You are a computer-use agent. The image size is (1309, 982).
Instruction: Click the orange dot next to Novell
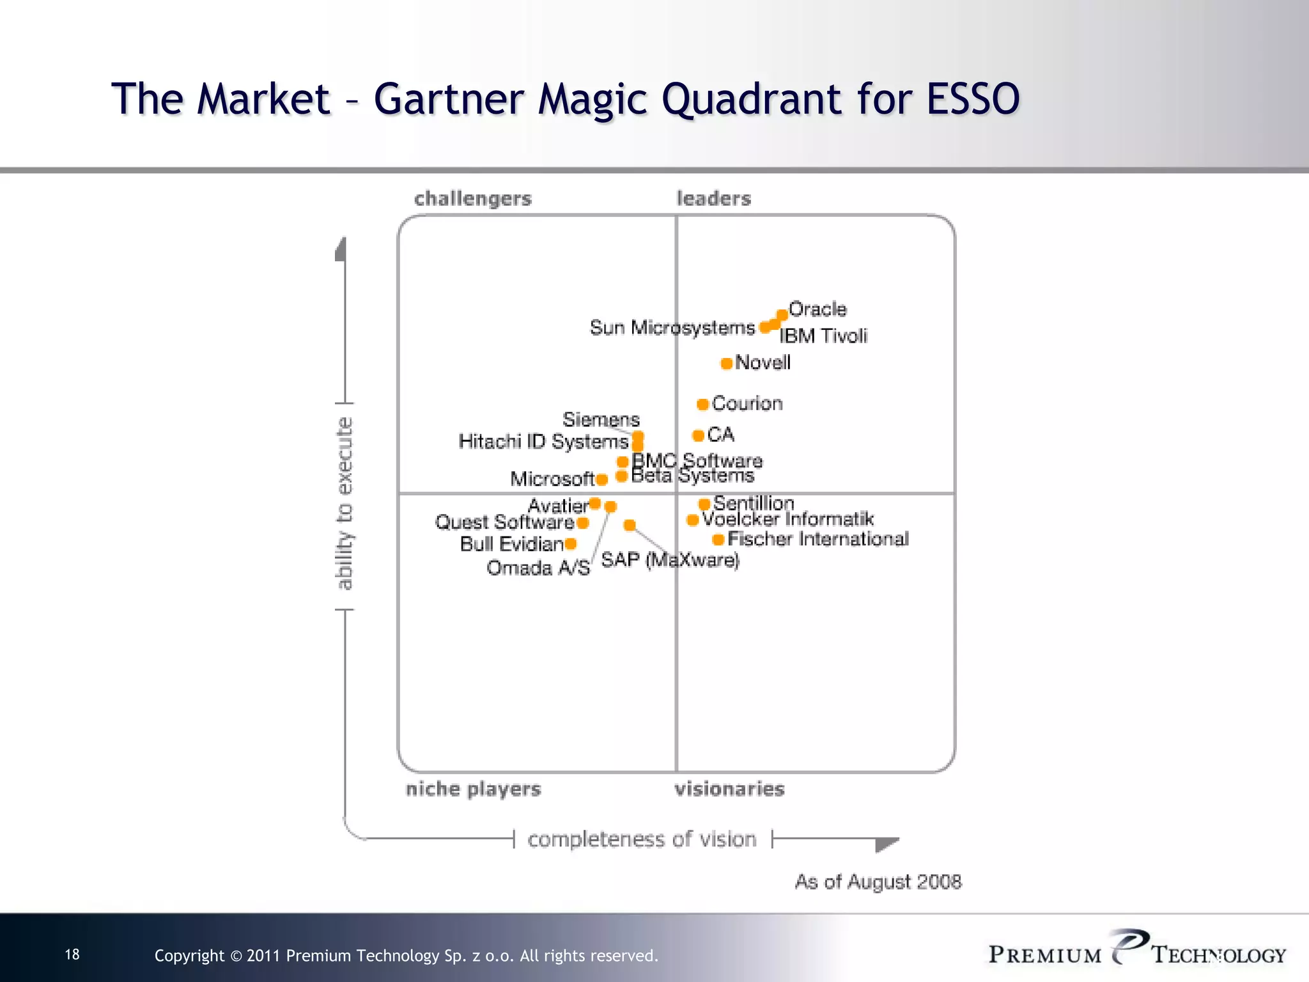pos(726,364)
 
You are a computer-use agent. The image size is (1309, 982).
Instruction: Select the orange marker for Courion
pos(702,404)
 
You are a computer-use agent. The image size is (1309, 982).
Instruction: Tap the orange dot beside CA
pos(698,435)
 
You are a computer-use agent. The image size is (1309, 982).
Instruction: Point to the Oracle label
pos(817,309)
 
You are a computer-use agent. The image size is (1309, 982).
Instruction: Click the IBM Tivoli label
pos(823,336)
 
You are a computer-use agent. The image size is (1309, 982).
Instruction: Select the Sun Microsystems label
pos(672,328)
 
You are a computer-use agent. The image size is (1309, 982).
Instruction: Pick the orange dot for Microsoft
pos(601,479)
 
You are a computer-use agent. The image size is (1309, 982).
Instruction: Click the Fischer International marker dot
pos(718,540)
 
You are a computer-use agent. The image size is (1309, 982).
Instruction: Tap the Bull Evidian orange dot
pos(571,544)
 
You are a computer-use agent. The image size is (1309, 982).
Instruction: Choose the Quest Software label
pos(504,522)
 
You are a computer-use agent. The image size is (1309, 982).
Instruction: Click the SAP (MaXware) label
pos(670,561)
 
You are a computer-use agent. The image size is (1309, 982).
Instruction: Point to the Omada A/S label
pos(538,568)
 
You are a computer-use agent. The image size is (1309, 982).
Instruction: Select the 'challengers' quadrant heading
pos(472,199)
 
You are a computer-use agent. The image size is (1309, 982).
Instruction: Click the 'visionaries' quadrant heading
pos(729,789)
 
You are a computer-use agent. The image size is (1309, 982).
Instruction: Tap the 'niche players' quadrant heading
pos(473,789)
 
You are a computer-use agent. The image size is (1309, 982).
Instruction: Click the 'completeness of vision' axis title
pos(642,839)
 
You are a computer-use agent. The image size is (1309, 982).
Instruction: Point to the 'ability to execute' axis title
pos(345,503)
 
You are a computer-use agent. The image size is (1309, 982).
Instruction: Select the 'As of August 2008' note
pos(878,882)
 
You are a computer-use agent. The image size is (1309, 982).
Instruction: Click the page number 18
pos(72,955)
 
